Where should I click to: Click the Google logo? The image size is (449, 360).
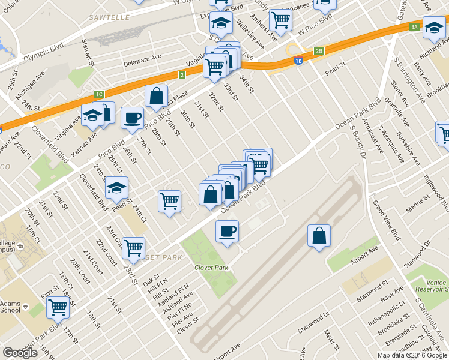(20, 353)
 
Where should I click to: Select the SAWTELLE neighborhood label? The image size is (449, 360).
(109, 18)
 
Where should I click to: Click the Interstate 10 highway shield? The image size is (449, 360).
(298, 61)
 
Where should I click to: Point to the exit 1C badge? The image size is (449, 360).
(100, 94)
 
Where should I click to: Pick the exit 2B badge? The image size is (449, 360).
(319, 51)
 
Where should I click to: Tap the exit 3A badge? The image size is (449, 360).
(414, 27)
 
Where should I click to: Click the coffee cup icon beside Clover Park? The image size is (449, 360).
(227, 232)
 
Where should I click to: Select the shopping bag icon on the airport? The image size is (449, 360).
(319, 236)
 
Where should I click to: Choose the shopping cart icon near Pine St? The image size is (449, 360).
(58, 308)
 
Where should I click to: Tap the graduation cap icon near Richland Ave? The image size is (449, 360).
(434, 28)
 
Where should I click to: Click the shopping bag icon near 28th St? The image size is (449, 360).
(156, 97)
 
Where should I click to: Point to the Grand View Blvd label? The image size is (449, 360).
(387, 221)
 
